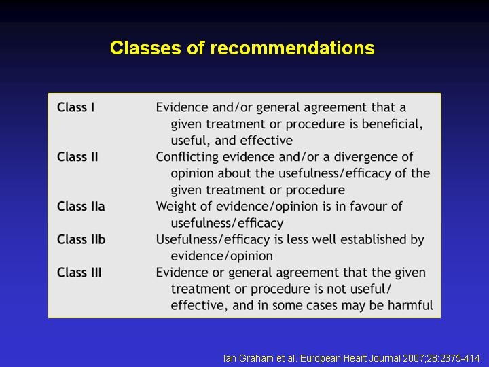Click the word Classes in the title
click(145, 48)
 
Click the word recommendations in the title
click(292, 48)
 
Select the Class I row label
click(76, 107)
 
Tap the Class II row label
click(77, 157)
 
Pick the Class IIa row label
click(81, 207)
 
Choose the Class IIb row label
click(81, 239)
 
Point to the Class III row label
click(79, 273)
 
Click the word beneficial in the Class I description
click(392, 124)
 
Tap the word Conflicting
click(187, 157)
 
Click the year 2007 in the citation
click(413, 358)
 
